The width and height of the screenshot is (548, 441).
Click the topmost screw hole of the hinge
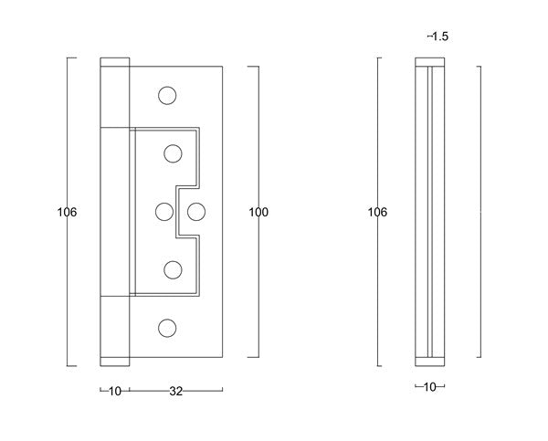165,94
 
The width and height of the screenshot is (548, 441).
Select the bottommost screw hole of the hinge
165,327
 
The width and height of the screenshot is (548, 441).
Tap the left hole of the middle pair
164,211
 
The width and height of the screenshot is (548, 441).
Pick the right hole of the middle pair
195,211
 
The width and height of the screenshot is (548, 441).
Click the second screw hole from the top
173,152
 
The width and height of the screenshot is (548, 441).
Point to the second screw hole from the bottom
173,269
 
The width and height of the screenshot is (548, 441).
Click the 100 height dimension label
258,212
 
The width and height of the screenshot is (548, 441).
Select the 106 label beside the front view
67,212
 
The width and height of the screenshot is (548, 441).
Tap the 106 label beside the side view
377,212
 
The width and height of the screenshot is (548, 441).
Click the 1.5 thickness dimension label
438,37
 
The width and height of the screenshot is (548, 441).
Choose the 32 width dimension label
176,392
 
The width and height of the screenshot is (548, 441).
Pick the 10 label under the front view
115,392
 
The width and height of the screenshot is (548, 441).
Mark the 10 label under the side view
429,388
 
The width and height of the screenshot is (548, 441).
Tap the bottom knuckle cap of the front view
116,359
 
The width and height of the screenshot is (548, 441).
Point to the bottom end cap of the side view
430,358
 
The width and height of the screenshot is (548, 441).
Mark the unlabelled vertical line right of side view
480,212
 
